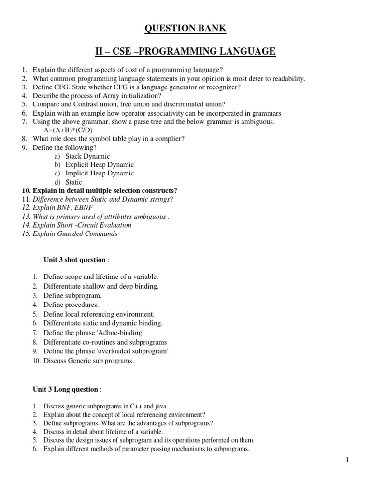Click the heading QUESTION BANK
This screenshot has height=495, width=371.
[185, 29]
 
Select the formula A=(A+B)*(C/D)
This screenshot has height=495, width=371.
[69, 130]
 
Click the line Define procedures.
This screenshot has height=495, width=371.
[71, 305]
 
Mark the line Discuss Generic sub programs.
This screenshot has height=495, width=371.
[89, 360]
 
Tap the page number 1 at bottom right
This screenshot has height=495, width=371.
[347, 460]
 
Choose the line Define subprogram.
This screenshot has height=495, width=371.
[72, 295]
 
